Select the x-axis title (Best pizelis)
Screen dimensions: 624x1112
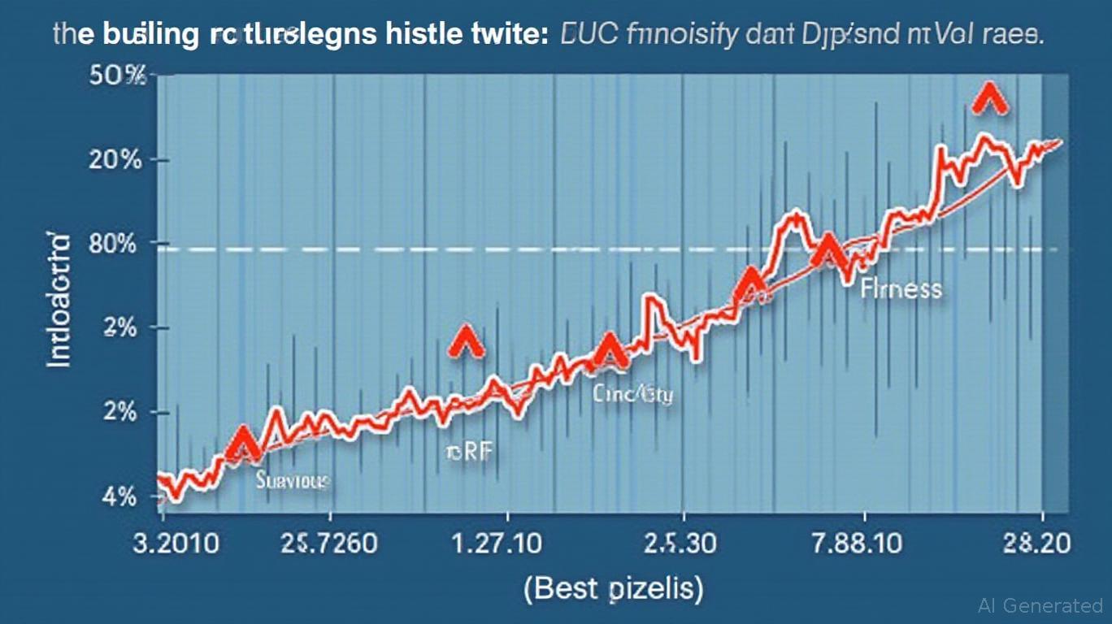tap(614, 587)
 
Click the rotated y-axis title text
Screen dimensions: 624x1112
tap(59, 300)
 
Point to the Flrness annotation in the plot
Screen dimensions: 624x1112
tap(901, 288)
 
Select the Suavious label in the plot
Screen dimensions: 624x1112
tap(293, 480)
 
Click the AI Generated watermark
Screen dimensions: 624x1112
tap(1040, 605)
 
